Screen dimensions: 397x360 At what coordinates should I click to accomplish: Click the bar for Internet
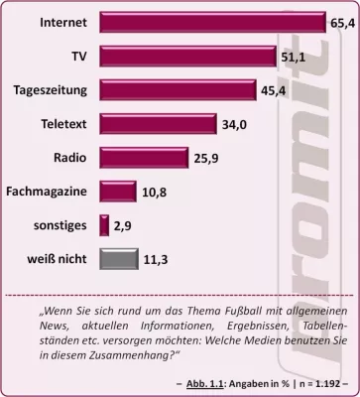(x=213, y=21)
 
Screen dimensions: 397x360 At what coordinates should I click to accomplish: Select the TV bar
(x=186, y=56)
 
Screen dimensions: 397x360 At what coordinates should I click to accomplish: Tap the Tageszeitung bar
(x=176, y=90)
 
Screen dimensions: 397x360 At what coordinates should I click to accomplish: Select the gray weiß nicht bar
(x=117, y=260)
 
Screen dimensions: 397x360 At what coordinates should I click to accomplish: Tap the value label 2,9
(x=123, y=226)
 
